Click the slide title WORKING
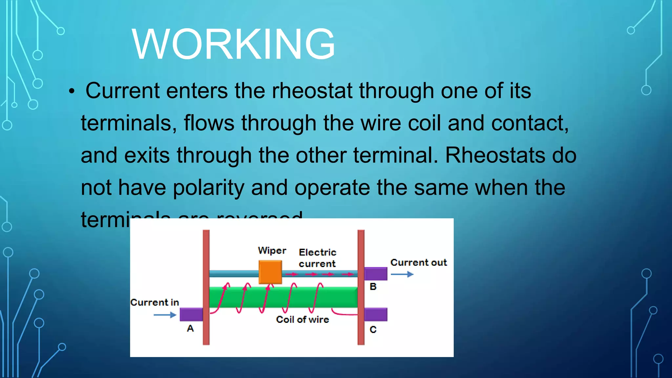click(x=233, y=44)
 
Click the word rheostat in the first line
click(x=312, y=91)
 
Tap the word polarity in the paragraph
click(x=208, y=188)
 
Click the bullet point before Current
click(x=72, y=92)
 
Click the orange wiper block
click(x=270, y=272)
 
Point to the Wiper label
click(x=272, y=251)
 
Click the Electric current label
click(x=317, y=258)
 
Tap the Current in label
click(x=155, y=302)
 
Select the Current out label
click(x=418, y=262)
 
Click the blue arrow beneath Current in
click(x=165, y=315)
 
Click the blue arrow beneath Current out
click(x=402, y=274)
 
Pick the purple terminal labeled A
click(x=191, y=314)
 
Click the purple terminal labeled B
click(x=376, y=274)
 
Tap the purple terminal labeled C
click(x=376, y=314)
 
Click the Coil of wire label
click(x=302, y=320)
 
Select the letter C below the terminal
click(x=373, y=330)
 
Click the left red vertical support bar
click(x=206, y=287)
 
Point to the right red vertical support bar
click(x=361, y=287)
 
